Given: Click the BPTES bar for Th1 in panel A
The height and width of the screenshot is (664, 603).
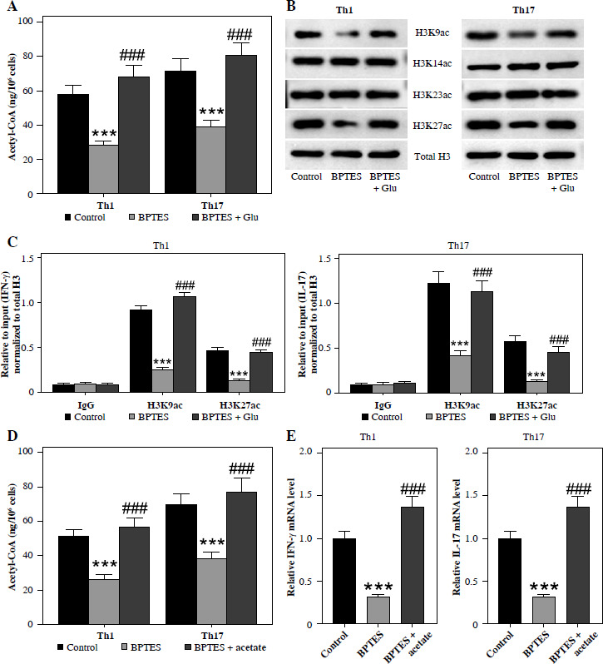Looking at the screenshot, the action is pyautogui.click(x=103, y=170).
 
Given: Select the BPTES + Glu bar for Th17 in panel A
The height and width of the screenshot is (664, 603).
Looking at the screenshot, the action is pyautogui.click(x=240, y=125).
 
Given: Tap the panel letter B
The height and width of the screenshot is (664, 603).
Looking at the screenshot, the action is pyautogui.click(x=291, y=6).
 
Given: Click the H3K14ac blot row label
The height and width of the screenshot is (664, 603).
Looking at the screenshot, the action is pyautogui.click(x=432, y=63).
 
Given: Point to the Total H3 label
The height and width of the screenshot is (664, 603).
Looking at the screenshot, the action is pyautogui.click(x=432, y=156).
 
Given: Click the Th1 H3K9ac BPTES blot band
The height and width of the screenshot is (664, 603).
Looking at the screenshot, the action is pyautogui.click(x=346, y=34).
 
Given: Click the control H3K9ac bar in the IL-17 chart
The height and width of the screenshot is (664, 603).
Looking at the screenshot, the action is pyautogui.click(x=439, y=338).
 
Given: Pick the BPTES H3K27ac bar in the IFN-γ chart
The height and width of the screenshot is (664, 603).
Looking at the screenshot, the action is pyautogui.click(x=239, y=386).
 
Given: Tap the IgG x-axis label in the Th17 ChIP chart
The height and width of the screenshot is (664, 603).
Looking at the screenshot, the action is pyautogui.click(x=383, y=405).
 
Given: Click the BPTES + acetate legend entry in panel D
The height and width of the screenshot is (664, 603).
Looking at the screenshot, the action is pyautogui.click(x=225, y=647).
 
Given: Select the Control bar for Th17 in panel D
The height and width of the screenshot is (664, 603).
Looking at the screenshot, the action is pyautogui.click(x=181, y=564).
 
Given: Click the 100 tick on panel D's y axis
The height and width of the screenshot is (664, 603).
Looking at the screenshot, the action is pyautogui.click(x=26, y=452).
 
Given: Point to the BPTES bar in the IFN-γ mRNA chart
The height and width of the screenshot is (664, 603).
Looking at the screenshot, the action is pyautogui.click(x=378, y=610).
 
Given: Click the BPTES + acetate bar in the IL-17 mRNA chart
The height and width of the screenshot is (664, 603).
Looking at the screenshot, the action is pyautogui.click(x=577, y=565).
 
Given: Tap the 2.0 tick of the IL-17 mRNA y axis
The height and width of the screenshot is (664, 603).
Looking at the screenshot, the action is pyautogui.click(x=472, y=452).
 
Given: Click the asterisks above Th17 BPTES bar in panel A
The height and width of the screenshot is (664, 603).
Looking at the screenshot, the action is pyautogui.click(x=211, y=111).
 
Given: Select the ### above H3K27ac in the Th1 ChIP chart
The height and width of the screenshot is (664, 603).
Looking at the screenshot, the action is pyautogui.click(x=261, y=342).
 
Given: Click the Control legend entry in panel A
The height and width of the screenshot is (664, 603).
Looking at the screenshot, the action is pyautogui.click(x=85, y=217).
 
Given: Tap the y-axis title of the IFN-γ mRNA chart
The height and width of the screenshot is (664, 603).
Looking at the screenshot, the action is pyautogui.click(x=291, y=537).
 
